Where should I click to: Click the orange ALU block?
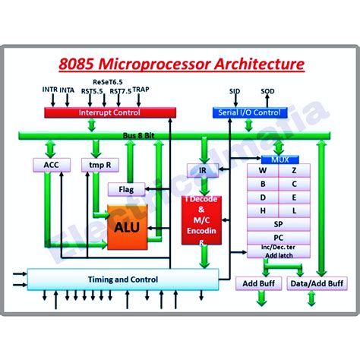128,226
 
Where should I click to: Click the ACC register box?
51,165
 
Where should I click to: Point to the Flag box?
125,188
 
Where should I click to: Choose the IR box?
203,171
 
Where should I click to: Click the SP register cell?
278,224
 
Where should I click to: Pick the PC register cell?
278,237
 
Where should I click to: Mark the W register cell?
263,171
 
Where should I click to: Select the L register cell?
294,210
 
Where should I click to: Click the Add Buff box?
258,284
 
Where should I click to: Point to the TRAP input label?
141,89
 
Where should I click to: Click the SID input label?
235,91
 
